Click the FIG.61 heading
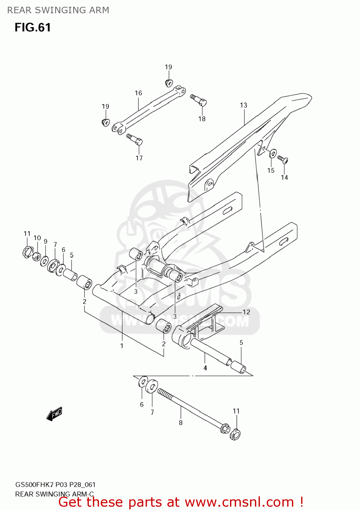click(x=33, y=28)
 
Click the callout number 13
click(x=244, y=105)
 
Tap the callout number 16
click(x=138, y=93)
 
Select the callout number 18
click(x=202, y=119)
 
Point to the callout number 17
click(x=139, y=158)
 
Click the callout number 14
click(x=284, y=177)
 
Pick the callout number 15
click(x=271, y=171)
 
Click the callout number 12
click(x=246, y=312)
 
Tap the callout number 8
click(x=181, y=423)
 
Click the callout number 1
click(x=122, y=346)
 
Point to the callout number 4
click(x=205, y=368)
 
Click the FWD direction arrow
click(x=54, y=414)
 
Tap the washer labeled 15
click(x=273, y=154)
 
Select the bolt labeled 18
click(x=199, y=100)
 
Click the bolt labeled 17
click(x=135, y=139)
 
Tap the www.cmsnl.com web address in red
click(x=239, y=502)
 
